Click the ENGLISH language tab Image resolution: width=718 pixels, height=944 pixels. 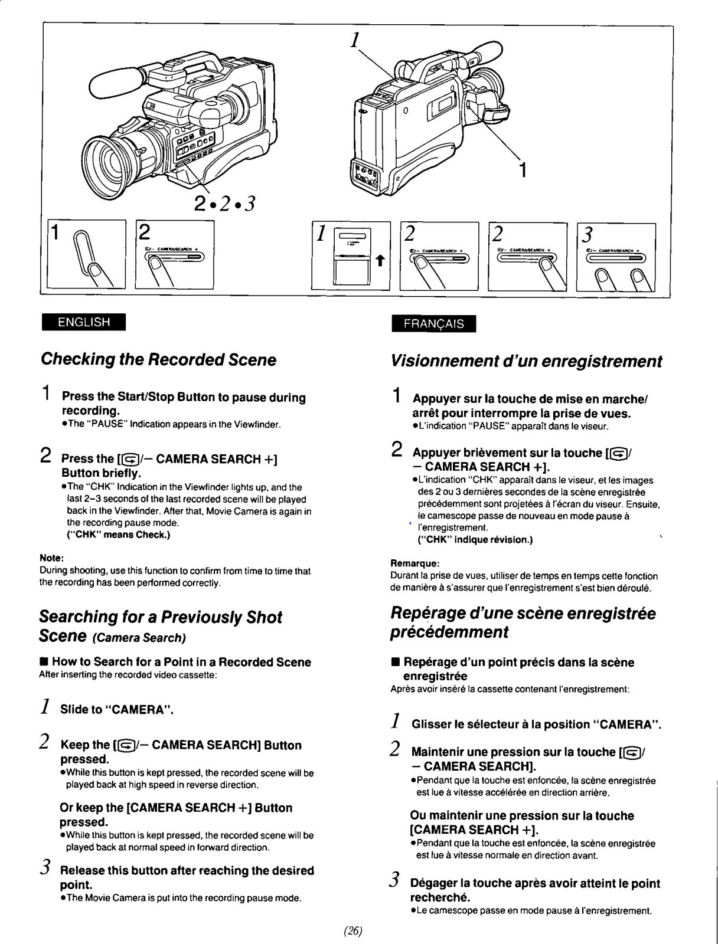pos(83,322)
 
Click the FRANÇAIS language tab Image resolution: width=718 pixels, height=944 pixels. pos(433,324)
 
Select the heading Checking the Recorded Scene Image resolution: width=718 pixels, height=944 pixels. pos(158,359)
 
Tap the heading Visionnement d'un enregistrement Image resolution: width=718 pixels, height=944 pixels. pos(526,360)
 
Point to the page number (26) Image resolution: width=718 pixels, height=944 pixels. pos(352,931)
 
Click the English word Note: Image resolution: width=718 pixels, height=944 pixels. pos(51,558)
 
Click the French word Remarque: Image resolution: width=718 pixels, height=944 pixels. pos(415,563)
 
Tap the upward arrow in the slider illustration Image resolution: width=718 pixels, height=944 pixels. pos(380,260)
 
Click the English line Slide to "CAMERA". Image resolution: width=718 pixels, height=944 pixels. pos(117,709)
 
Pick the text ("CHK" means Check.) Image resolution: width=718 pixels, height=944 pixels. pos(119,535)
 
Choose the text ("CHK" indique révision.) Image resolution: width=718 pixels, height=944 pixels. pos(475,539)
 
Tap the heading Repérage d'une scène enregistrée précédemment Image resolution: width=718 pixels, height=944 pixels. pos(523,622)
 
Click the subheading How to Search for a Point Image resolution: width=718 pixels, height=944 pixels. pos(181,662)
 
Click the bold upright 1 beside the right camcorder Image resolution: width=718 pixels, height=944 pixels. pos(522,170)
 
